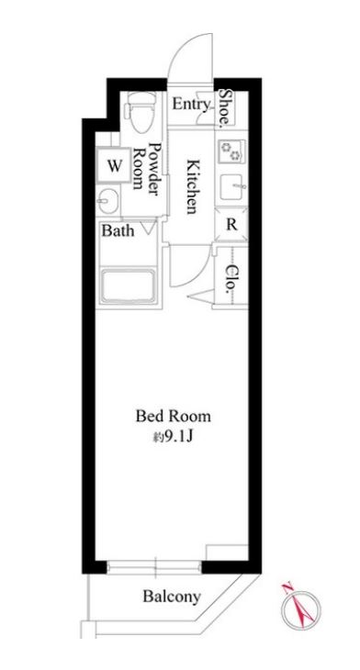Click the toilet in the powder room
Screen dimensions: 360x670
click(139, 112)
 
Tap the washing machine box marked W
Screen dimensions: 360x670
click(114, 165)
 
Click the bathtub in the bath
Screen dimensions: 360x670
click(129, 285)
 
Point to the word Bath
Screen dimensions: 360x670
click(118, 231)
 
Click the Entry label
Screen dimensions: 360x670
click(191, 104)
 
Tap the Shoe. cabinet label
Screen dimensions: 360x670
click(225, 108)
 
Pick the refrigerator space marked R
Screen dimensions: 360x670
click(231, 224)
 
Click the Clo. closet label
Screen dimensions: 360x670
click(231, 278)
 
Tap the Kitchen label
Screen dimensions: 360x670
click(193, 186)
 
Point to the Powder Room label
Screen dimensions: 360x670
click(145, 169)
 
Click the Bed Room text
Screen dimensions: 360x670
click(174, 416)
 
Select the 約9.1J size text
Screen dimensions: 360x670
click(174, 437)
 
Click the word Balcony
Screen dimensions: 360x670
click(172, 596)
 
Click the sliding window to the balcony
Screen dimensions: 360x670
click(154, 567)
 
